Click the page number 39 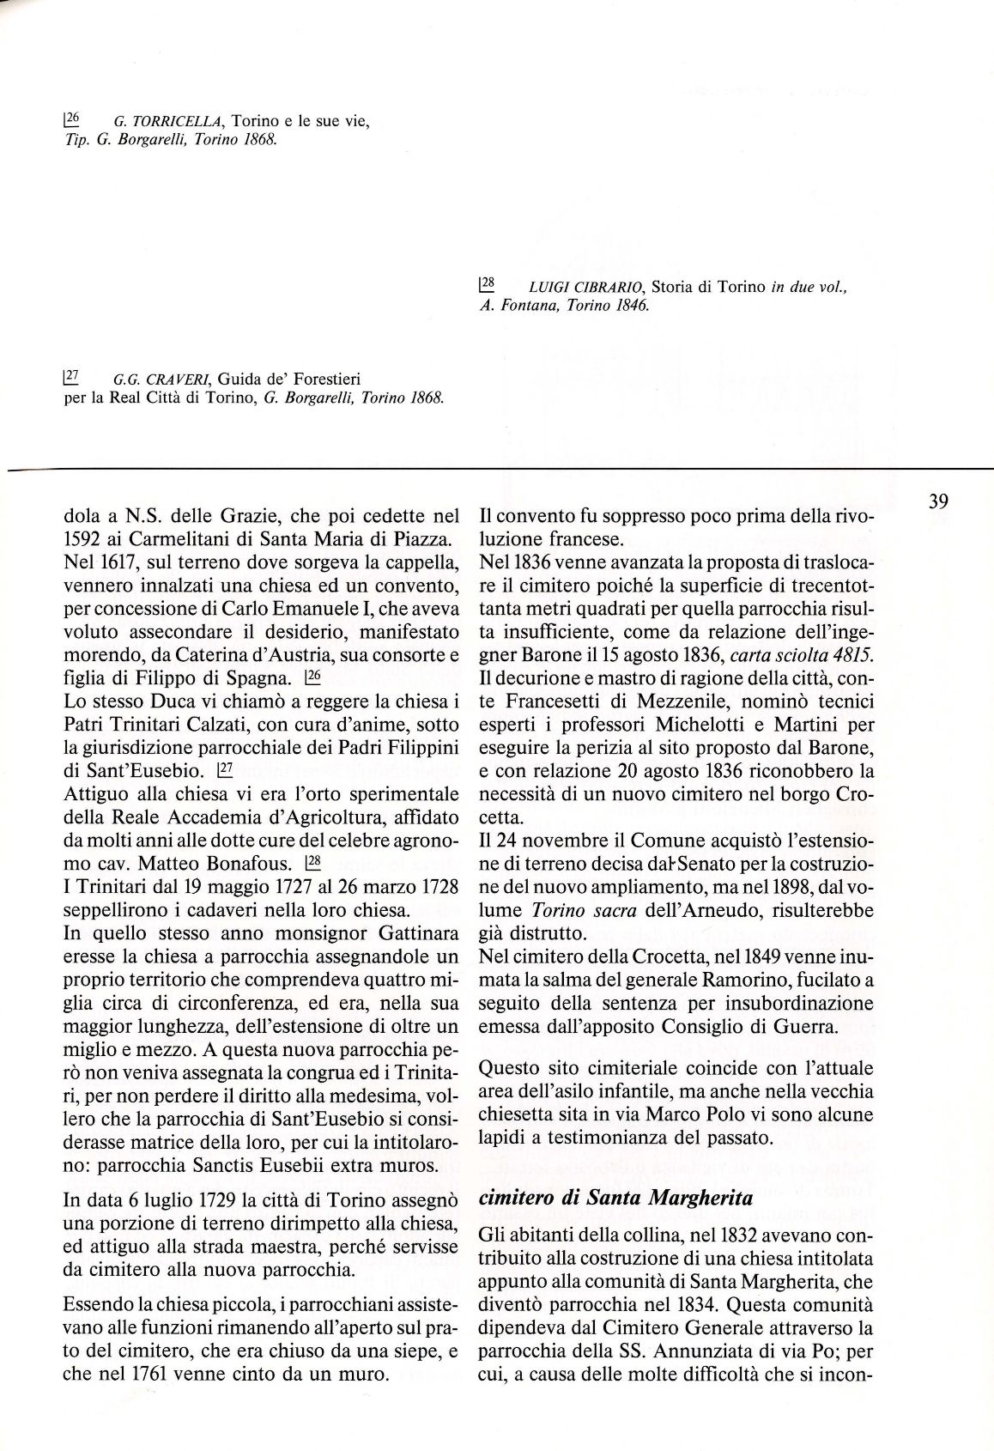[x=938, y=501]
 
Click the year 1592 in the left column [x=84, y=540]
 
